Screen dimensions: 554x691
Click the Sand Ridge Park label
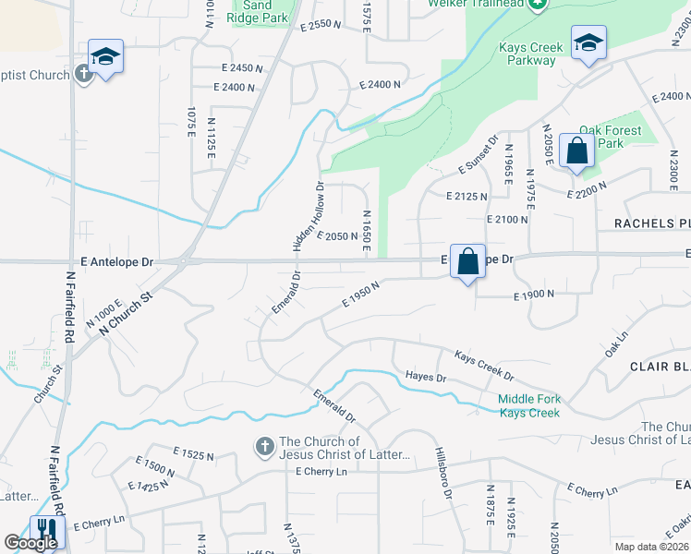coord(261,10)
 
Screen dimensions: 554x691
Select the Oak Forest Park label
coord(609,137)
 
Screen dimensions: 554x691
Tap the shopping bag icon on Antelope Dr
coord(468,260)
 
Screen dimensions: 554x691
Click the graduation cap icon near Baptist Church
coord(105,56)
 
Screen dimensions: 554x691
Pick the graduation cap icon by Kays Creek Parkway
coord(588,42)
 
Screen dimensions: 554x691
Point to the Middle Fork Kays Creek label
coord(529,405)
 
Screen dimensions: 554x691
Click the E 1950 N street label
coord(361,295)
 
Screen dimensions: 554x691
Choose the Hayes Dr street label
coord(426,377)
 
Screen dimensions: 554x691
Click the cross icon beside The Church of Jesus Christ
coord(263,448)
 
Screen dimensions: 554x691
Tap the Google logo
coord(30,543)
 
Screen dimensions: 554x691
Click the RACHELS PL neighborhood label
coord(652,224)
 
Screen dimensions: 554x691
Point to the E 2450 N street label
coord(242,68)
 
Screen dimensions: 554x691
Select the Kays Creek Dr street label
coord(483,364)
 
